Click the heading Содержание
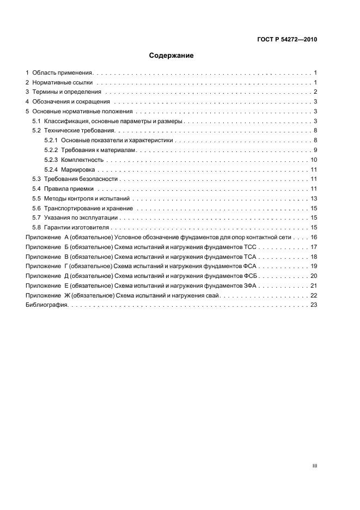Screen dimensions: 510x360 pos(171,56)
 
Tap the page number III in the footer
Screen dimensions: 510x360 pos(315,466)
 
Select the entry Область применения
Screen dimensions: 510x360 pos(63,72)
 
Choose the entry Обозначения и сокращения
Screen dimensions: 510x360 pos(71,102)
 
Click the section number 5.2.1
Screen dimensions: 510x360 pos(51,141)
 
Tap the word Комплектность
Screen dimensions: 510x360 pos(82,161)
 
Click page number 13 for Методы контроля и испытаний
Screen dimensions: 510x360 pos(314,198)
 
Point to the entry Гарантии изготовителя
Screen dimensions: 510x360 pos(77,227)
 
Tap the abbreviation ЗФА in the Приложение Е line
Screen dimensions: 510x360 pos(251,286)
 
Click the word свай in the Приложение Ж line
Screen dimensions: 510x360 pos(212,295)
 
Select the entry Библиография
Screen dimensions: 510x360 pos(46,305)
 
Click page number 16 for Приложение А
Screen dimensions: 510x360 pos(314,237)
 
